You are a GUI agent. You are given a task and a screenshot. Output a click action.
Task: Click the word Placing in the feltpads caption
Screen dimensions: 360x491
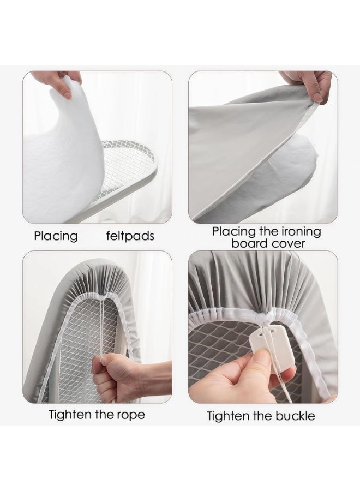pyautogui.click(x=56, y=236)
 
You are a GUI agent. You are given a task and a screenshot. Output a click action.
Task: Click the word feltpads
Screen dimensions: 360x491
pyautogui.click(x=130, y=236)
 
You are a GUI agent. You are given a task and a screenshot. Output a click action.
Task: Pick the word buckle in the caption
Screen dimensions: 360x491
pyautogui.click(x=295, y=416)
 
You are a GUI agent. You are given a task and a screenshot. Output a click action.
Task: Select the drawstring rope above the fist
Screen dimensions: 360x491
pyautogui.click(x=101, y=329)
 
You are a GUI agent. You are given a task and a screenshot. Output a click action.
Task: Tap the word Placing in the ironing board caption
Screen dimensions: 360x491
pyautogui.click(x=234, y=232)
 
